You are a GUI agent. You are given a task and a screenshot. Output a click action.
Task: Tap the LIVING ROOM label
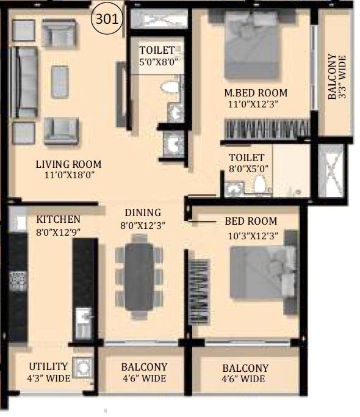click(68, 164)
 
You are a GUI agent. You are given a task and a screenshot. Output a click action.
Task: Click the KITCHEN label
click(58, 219)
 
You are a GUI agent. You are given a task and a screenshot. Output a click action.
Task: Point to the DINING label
click(143, 212)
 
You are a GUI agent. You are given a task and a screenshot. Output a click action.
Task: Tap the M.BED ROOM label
click(256, 93)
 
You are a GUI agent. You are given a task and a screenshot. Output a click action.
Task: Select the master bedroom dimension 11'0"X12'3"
click(256, 105)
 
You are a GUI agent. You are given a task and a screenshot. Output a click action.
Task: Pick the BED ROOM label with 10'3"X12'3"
click(251, 221)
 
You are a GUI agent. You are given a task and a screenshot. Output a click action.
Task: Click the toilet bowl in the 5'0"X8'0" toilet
click(170, 88)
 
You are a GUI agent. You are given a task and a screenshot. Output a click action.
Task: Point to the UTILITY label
click(49, 366)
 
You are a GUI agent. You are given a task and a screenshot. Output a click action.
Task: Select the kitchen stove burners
click(16, 281)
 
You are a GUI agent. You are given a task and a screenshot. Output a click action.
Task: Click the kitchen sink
click(81, 318)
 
